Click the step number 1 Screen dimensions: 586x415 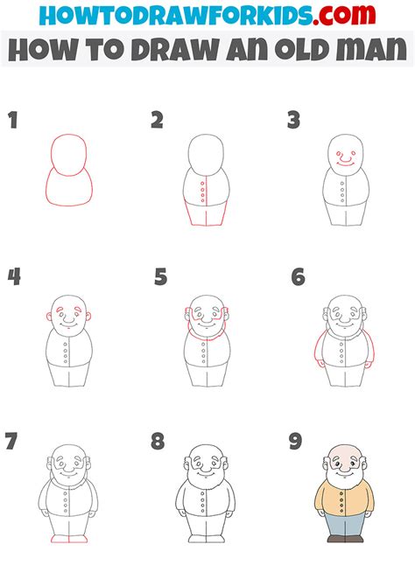(13, 121)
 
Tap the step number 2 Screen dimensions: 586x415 (157, 121)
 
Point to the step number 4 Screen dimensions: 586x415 (14, 277)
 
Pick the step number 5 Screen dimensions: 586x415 (160, 278)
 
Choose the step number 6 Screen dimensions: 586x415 (298, 277)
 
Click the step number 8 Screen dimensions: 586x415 (158, 441)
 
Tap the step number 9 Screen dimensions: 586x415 (296, 441)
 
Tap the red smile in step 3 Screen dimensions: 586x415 (345, 161)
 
